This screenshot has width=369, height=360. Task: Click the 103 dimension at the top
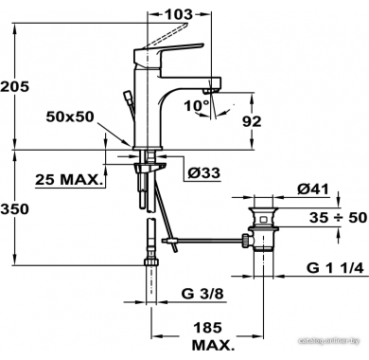tap(178, 14)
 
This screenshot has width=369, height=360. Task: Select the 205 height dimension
tap(15, 86)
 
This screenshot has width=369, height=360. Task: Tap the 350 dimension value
tap(15, 208)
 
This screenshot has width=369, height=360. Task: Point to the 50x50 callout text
tap(70, 117)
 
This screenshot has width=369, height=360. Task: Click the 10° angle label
tap(197, 105)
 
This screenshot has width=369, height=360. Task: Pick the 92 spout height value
tap(252, 121)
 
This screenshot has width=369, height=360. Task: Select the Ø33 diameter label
tap(204, 172)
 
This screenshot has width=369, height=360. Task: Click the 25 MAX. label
tap(69, 180)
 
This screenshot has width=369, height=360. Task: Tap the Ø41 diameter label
tap(313, 189)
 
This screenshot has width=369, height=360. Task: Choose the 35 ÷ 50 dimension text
tap(338, 218)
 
